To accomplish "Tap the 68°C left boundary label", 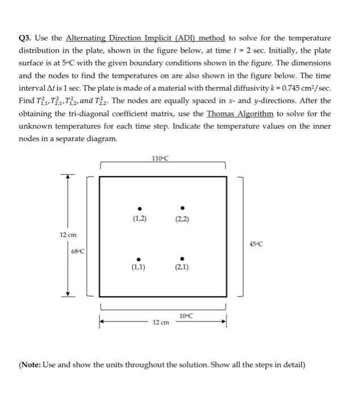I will (78, 251).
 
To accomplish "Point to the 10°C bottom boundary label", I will (185, 316).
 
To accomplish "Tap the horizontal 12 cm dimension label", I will (160, 323).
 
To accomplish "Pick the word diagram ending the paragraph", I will (101, 138).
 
